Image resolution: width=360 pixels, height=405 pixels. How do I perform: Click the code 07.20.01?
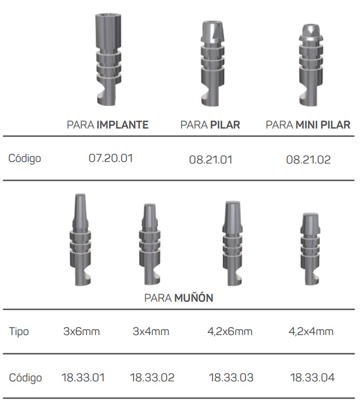click(111, 158)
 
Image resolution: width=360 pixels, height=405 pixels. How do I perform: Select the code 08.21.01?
click(210, 160)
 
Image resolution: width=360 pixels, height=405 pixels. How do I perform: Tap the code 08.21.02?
click(308, 160)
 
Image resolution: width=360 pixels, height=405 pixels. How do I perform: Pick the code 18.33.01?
click(83, 378)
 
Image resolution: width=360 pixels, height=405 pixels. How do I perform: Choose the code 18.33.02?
click(152, 378)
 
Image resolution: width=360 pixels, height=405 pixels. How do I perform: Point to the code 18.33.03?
click(231, 378)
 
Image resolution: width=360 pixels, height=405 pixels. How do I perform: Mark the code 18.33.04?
click(312, 378)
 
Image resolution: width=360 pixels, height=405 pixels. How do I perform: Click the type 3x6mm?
click(81, 331)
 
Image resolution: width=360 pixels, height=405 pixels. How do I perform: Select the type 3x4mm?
click(151, 331)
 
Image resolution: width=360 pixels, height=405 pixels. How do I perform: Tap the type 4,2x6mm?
click(230, 332)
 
